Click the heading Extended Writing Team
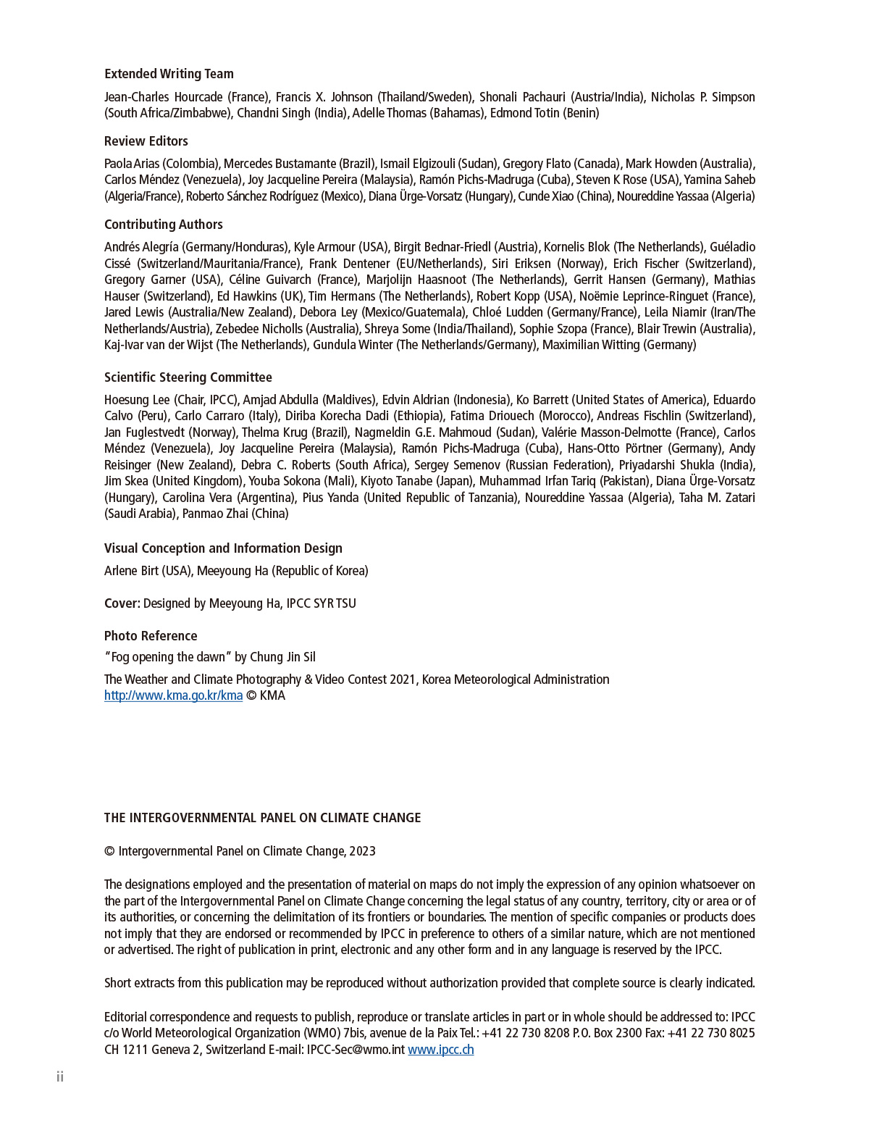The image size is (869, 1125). click(169, 74)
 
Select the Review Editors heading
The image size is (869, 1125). click(146, 141)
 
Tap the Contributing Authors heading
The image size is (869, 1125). click(163, 225)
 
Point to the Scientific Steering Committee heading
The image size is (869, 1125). click(188, 377)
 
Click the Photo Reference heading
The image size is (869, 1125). click(151, 636)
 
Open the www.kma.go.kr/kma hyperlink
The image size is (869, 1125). click(173, 695)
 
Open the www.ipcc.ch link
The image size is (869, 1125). click(440, 1050)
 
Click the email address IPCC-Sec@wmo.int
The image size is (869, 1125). click(356, 1050)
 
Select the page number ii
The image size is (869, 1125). click(60, 1077)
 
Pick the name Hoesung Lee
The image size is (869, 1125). click(137, 400)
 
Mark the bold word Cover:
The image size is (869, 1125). click(122, 603)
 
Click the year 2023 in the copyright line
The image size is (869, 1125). click(362, 851)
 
